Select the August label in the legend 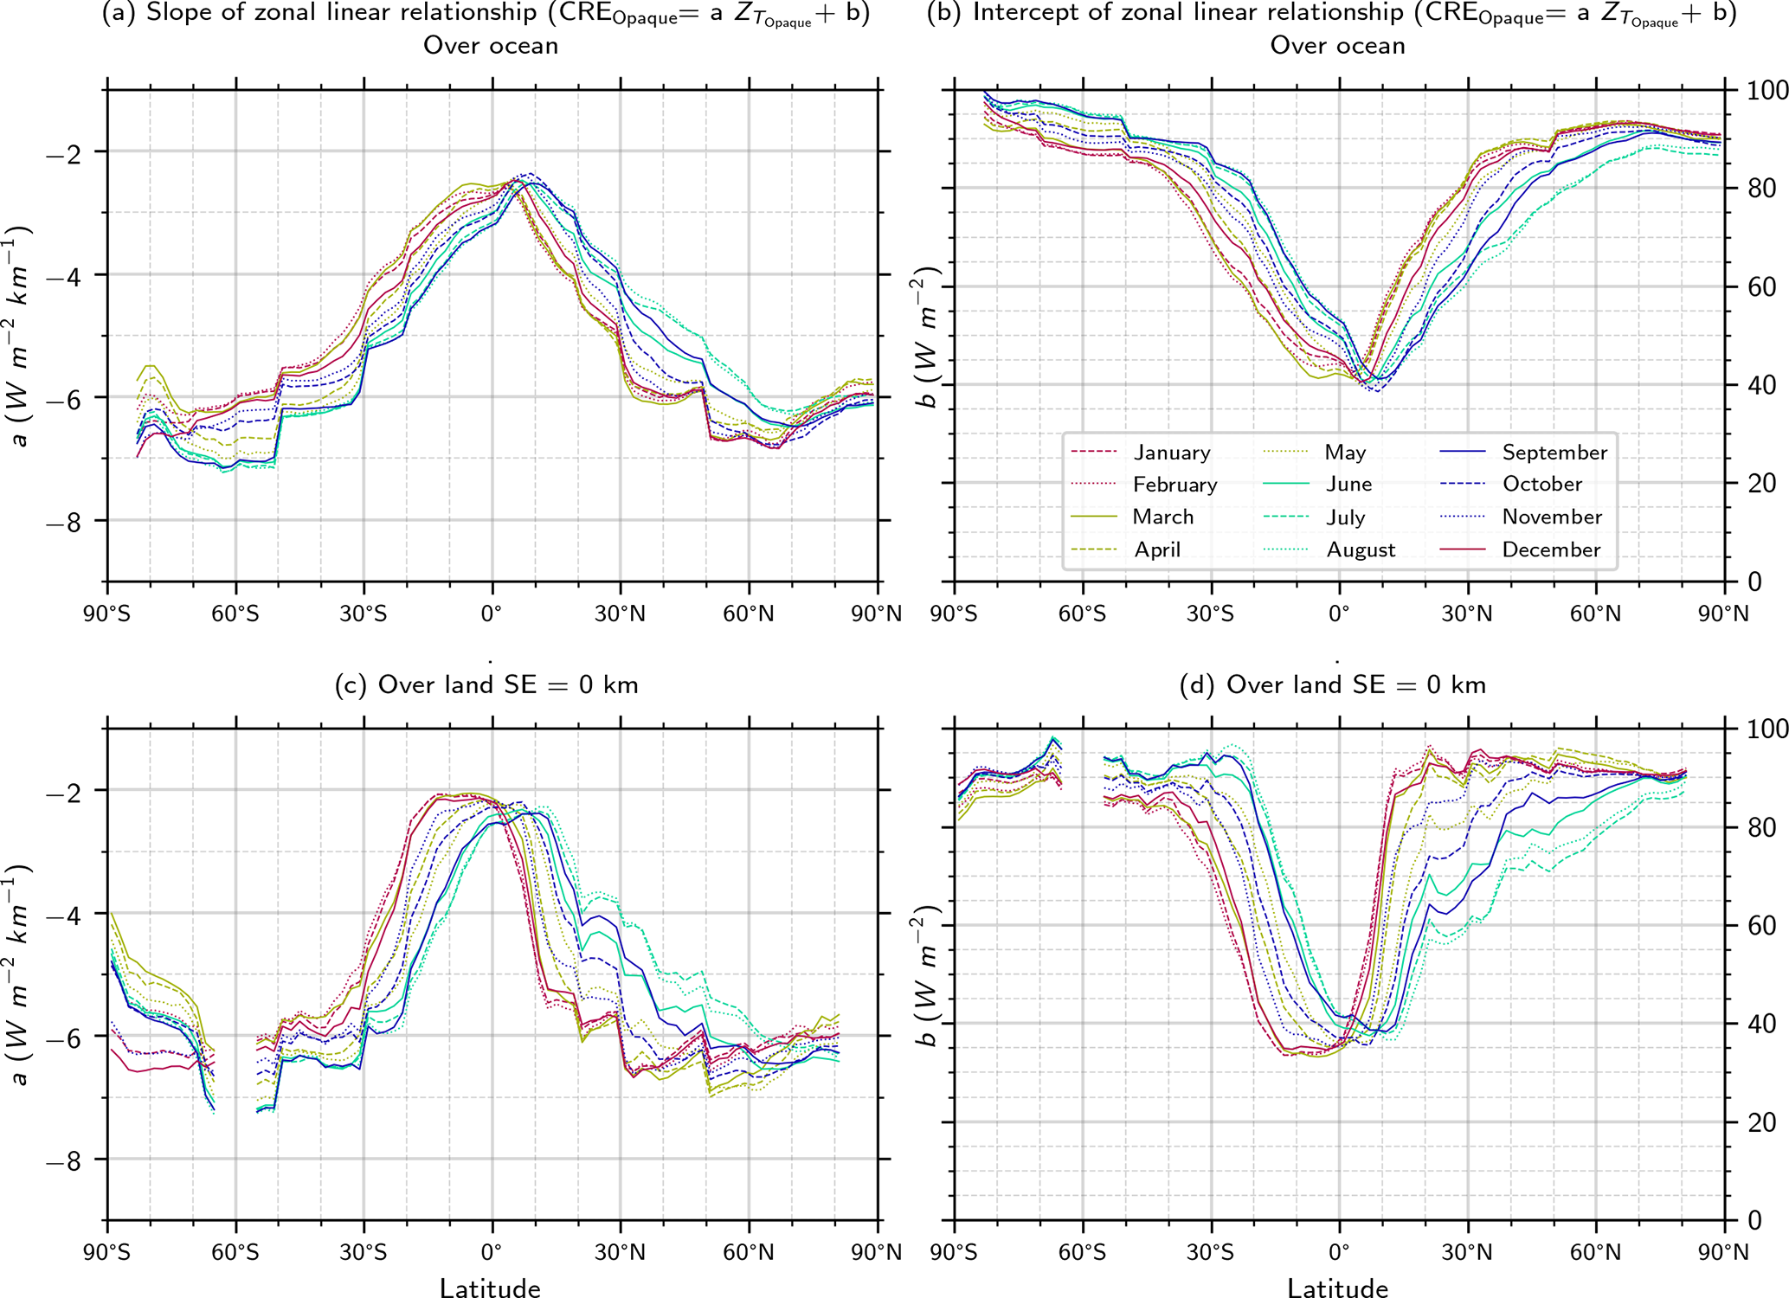pyautogui.click(x=1361, y=550)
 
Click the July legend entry pyautogui.click(x=1345, y=517)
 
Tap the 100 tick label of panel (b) pyautogui.click(x=1760, y=91)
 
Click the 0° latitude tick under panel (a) pyautogui.click(x=492, y=614)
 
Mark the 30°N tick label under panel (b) pyautogui.click(x=1467, y=614)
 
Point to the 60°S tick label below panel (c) pyautogui.click(x=235, y=1253)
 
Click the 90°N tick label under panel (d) pyautogui.click(x=1723, y=1253)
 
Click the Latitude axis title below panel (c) pyautogui.click(x=490, y=1288)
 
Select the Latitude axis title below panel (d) pyautogui.click(x=1337, y=1288)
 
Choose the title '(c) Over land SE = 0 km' pyautogui.click(x=486, y=685)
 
